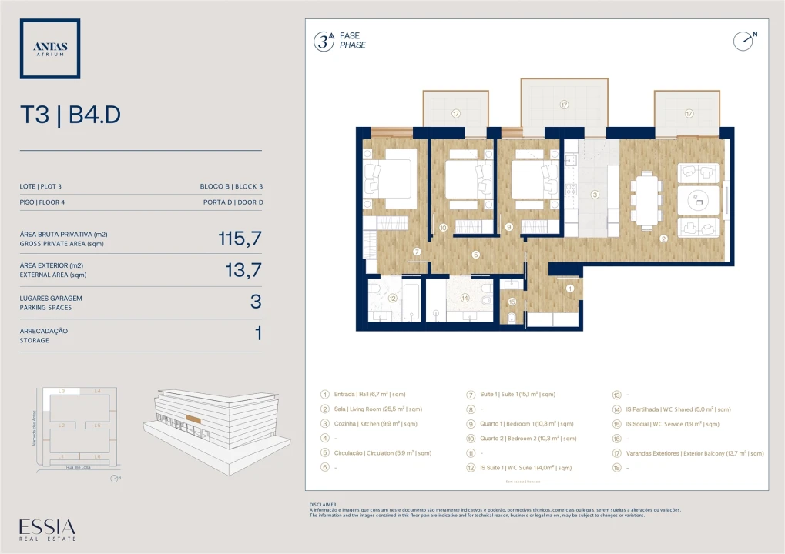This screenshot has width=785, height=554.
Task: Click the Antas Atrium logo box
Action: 50,48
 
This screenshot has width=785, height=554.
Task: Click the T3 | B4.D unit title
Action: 70,115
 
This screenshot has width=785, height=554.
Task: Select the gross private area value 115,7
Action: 240,239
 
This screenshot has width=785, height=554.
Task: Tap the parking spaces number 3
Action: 256,302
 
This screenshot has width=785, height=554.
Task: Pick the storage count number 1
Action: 258,334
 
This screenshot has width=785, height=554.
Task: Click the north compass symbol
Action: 743,41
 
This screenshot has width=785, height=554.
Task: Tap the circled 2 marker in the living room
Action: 663,238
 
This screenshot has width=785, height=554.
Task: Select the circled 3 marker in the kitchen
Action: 595,195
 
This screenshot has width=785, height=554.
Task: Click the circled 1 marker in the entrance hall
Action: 570,289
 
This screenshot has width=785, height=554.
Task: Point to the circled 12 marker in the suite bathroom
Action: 392,299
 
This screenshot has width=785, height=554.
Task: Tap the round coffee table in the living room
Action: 699,200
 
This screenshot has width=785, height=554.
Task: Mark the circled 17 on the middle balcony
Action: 564,105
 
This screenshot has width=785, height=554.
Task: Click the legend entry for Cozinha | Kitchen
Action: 369,423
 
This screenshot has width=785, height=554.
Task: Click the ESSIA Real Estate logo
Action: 48,530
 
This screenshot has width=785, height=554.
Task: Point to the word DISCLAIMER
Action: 323,505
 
